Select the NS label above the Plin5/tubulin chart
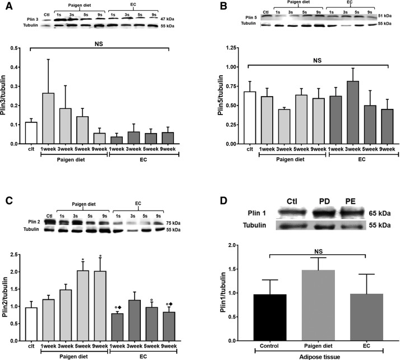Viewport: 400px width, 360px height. pyautogui.click(x=318, y=60)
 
